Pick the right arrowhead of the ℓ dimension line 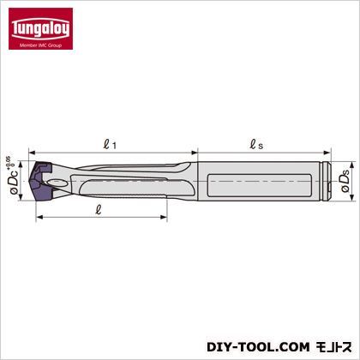coord(166,218)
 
